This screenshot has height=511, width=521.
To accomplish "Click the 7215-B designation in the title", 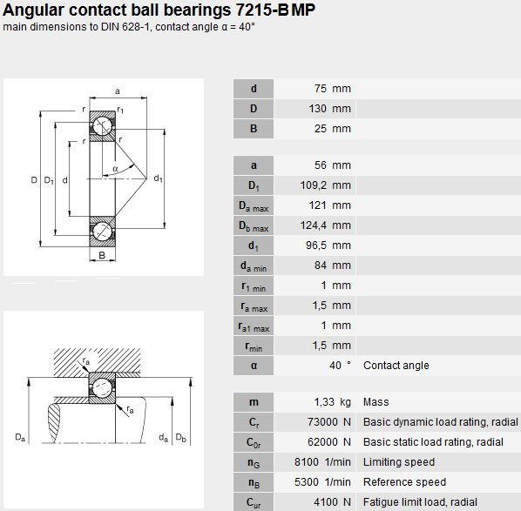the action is pos(261,10).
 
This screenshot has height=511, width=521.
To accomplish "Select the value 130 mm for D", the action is pos(329,109).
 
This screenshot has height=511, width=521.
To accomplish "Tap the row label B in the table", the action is pos(254,129).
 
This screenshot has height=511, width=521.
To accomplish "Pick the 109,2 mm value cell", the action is pos(325,185).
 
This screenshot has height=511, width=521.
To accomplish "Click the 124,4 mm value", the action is pos(325,225).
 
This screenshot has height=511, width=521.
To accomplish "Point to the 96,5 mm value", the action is pos(328,245).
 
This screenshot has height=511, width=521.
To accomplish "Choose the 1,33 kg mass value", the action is pos(332,402).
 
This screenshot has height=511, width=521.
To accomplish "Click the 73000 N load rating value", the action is pos(329,422).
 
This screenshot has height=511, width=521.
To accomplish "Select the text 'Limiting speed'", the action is pos(399,462).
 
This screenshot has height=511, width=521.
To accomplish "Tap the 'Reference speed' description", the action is pos(404,481).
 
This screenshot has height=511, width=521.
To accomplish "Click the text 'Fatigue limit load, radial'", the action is pos(420,501).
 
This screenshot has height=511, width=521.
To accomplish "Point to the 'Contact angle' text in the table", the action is pos(396,366).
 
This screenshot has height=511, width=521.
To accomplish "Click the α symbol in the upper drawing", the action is pos(115,169).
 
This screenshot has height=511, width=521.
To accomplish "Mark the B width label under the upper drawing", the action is pos(102,255).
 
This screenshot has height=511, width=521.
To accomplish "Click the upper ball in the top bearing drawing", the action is pos(102,126).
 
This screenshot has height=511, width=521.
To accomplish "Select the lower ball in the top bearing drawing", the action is pos(102,232).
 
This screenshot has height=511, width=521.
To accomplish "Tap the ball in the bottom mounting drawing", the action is pos(102,387).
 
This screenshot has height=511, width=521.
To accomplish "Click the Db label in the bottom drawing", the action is pos(180,438).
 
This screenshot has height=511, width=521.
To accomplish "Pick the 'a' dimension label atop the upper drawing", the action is pos(118,91).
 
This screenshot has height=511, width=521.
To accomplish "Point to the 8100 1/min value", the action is pos(322,462).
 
